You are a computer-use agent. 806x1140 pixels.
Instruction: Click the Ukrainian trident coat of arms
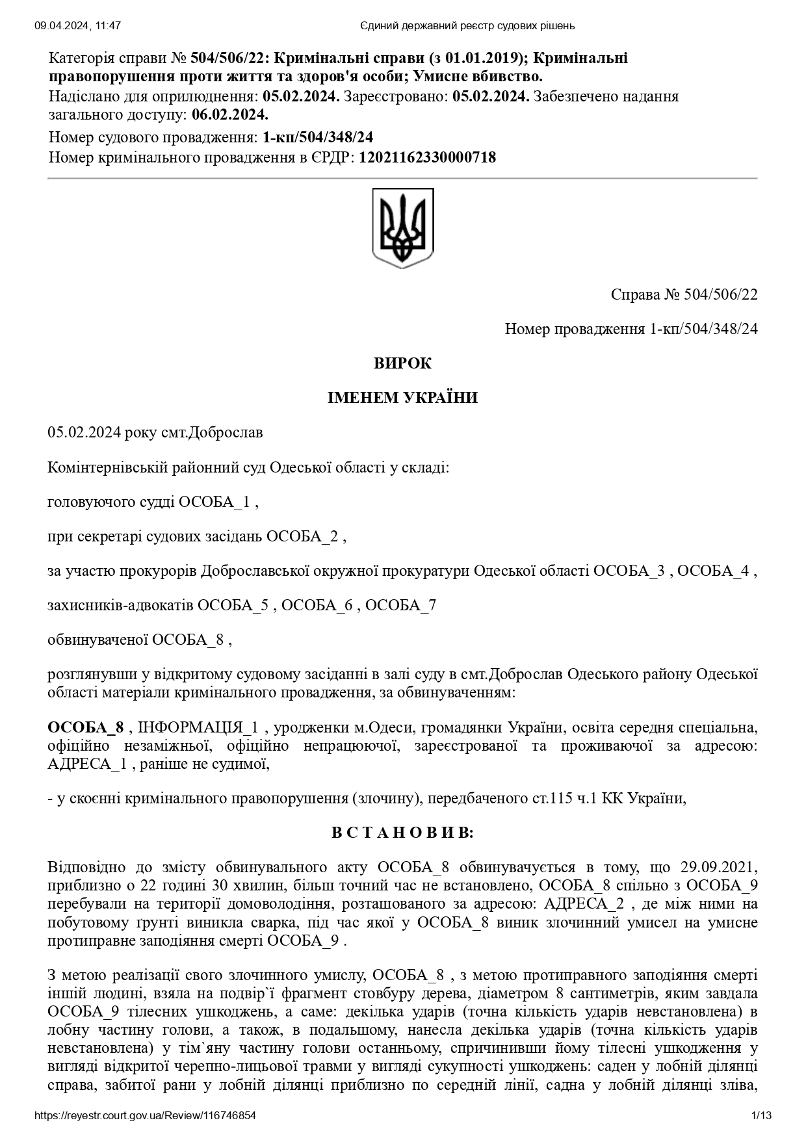click(x=402, y=227)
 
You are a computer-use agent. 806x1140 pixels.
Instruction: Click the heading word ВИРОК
click(x=402, y=363)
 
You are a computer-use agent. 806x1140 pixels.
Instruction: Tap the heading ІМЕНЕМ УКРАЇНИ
click(x=402, y=398)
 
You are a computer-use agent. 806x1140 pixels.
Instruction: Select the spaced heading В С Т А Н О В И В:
click(x=402, y=833)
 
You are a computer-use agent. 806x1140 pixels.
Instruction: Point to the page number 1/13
click(x=761, y=1116)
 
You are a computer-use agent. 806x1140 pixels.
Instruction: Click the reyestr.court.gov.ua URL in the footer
click(x=145, y=1116)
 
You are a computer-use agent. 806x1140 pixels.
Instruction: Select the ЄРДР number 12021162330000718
click(x=427, y=157)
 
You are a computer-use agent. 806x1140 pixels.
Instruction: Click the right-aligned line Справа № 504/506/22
click(x=684, y=294)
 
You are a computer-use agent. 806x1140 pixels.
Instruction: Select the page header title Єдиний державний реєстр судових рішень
click(x=467, y=26)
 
